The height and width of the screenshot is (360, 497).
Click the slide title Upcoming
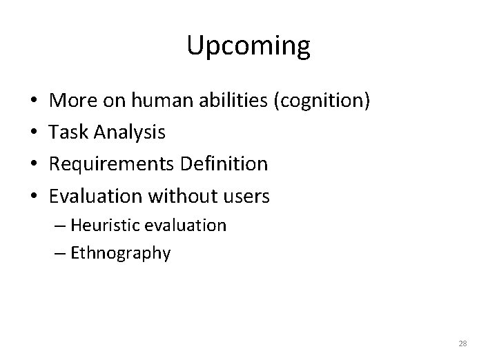click(x=248, y=46)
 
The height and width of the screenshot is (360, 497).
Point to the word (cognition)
click(x=322, y=102)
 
